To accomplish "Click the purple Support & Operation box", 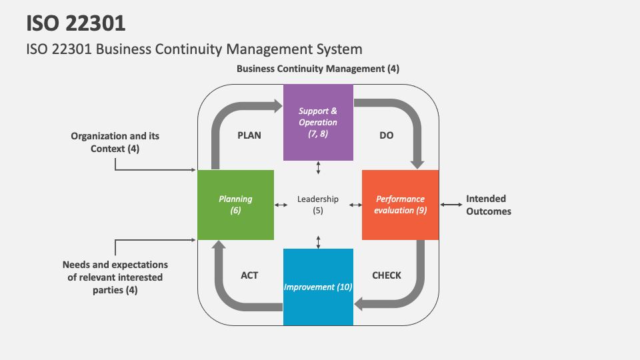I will [x=318, y=122].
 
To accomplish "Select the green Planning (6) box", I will [x=235, y=205].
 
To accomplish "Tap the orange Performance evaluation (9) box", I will [x=400, y=205].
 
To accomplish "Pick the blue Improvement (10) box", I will [x=318, y=287].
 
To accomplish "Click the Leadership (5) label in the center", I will [x=318, y=205].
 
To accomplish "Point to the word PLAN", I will [x=249, y=135].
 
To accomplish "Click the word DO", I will [x=387, y=135].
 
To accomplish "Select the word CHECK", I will [x=387, y=275].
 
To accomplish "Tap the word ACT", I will [x=249, y=275].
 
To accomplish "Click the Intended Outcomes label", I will [x=488, y=205].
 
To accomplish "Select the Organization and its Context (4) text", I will [x=115, y=142].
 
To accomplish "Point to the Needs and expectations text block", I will [x=115, y=277].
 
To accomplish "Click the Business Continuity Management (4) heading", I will [x=318, y=69].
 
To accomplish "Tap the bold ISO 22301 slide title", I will [x=76, y=23].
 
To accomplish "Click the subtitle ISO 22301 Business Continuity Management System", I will [x=194, y=49].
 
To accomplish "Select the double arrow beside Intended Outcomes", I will [x=451, y=205].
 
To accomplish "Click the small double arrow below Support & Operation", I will [x=318, y=167].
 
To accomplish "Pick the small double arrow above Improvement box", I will [x=318, y=241].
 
